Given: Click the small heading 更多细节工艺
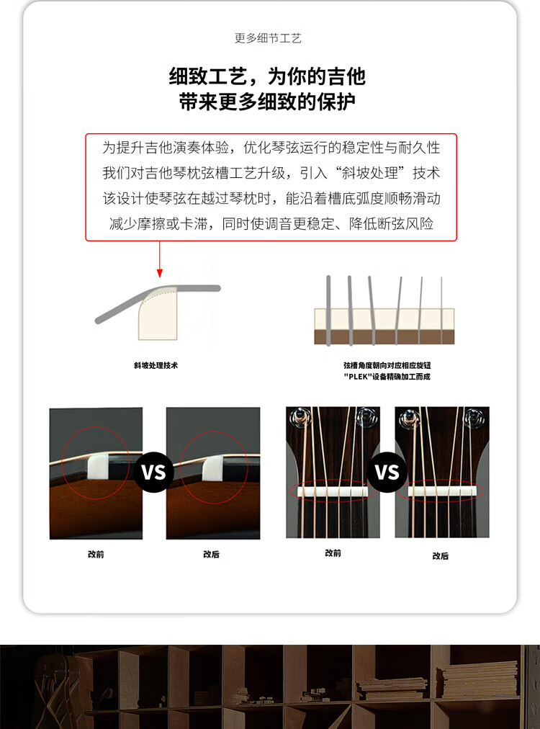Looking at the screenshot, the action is point(268,38).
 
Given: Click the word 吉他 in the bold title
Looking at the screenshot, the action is point(346,76).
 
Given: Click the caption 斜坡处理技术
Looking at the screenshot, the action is point(156,365).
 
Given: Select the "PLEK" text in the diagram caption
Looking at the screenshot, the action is point(357,377).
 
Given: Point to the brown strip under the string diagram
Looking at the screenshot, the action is point(384,337).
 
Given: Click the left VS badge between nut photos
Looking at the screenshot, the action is point(154,472).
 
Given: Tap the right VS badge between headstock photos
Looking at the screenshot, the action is point(387,471).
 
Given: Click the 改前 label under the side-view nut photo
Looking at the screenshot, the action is point(96,554).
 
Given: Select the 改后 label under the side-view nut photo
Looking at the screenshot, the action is point(211,554).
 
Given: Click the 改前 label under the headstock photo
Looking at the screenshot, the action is point(333,553).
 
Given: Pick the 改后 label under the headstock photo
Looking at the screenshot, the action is point(440,555).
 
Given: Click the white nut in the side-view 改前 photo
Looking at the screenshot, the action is point(98,466).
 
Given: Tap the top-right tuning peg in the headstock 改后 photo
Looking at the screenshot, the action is point(474,417).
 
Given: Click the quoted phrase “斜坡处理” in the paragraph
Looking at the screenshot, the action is point(369,173).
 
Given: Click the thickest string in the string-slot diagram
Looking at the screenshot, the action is point(328,310).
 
